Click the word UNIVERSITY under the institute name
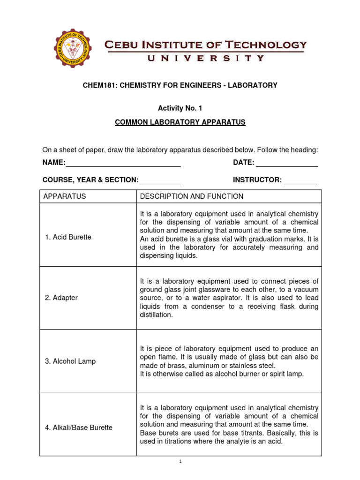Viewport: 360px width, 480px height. tap(206, 59)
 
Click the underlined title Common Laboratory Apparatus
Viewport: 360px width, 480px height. tap(180, 122)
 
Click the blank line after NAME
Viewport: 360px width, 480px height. tap(123, 163)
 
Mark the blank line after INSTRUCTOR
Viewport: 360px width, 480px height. tap(300, 180)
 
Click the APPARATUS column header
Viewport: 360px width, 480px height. tap(65, 196)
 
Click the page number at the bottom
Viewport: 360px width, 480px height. tap(180, 462)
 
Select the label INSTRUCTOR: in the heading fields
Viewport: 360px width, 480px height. tap(257, 180)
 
